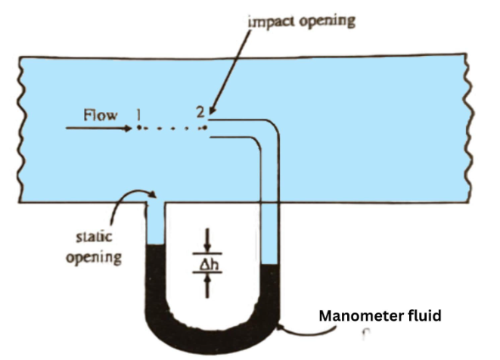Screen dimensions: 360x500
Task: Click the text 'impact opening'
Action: [302, 20]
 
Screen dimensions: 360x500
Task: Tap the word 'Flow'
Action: [101, 115]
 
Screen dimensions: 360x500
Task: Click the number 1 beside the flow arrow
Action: [138, 114]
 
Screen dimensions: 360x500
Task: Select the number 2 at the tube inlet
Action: [200, 113]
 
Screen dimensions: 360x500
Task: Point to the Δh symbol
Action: [209, 264]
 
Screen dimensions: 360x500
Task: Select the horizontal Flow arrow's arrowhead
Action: [128, 129]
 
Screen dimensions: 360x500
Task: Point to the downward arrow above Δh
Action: [209, 244]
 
